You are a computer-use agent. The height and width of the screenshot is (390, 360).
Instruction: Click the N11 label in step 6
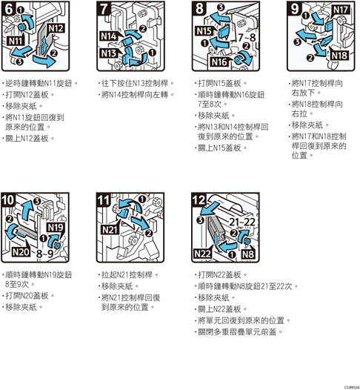[16, 41]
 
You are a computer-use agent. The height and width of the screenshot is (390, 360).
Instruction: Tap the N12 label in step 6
[56, 28]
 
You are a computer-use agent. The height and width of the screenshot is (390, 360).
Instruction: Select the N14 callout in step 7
[109, 36]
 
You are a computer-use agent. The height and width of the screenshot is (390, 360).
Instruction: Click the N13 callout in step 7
[109, 53]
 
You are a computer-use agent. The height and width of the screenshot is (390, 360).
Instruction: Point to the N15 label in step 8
[204, 31]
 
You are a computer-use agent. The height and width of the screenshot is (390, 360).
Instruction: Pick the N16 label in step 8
[219, 62]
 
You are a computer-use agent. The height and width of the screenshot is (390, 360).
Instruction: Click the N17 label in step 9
[341, 10]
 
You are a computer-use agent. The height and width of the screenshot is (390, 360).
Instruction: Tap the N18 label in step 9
[339, 55]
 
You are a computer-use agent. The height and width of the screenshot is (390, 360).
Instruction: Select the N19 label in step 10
[56, 228]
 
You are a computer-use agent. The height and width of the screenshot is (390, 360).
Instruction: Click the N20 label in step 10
[21, 252]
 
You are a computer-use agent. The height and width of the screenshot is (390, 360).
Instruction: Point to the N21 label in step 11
[110, 230]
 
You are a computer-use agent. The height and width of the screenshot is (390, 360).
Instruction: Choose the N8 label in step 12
[248, 254]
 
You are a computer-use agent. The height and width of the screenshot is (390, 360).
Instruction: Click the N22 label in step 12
[203, 254]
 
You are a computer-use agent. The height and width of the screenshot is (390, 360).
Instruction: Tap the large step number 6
[8, 9]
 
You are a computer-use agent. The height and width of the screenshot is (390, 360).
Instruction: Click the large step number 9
[295, 9]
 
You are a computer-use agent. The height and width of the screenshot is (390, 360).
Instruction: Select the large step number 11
[104, 200]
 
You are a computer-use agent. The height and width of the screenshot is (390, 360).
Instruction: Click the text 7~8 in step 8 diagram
[247, 38]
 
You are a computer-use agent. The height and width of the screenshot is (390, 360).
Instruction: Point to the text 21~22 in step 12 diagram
[242, 222]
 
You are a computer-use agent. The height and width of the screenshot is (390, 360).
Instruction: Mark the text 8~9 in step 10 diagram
[44, 254]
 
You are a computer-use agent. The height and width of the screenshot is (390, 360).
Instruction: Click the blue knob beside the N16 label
[238, 60]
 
